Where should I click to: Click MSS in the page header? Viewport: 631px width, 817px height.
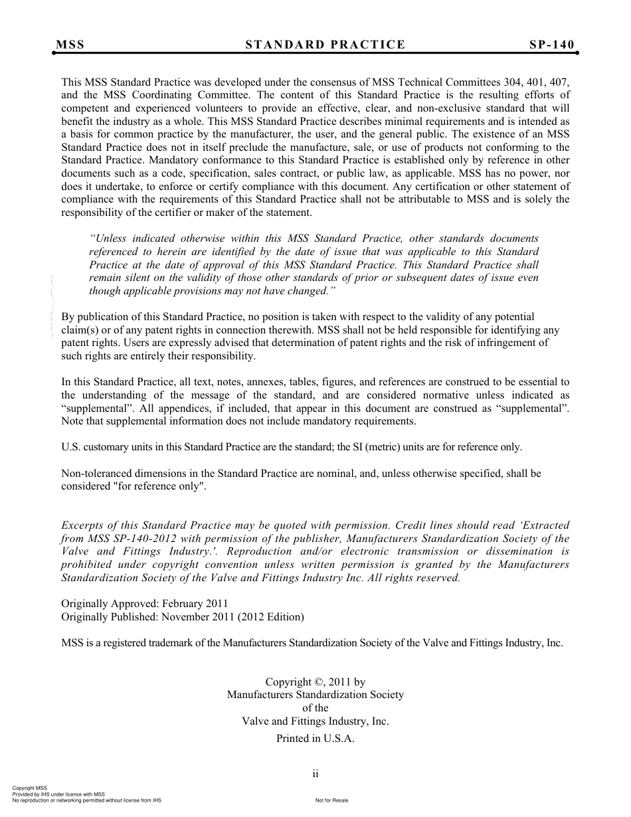point(70,45)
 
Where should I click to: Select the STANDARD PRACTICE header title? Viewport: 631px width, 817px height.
point(325,45)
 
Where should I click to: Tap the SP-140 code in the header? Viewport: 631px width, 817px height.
point(551,45)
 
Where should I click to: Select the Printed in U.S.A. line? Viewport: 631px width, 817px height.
point(315,739)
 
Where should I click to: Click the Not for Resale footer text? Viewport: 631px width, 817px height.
point(332,800)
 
